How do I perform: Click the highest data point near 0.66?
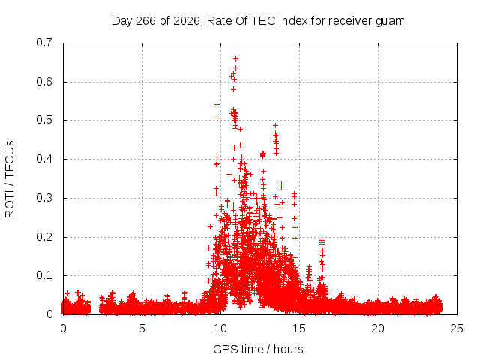point(235,58)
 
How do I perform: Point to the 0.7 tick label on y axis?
point(44,43)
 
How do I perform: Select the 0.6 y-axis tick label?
point(44,82)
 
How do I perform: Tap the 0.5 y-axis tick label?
point(44,120)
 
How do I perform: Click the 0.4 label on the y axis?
point(44,159)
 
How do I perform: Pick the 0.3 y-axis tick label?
point(44,198)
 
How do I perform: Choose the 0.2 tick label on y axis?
point(44,237)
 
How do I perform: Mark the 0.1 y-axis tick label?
point(44,275)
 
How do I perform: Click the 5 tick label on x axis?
point(142,328)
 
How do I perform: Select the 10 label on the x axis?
point(220,328)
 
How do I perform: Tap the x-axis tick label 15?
point(299,328)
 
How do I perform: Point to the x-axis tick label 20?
point(378,328)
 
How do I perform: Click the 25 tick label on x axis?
point(457,328)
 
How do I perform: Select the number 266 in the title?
point(145,21)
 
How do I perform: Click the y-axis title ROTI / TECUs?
point(10,179)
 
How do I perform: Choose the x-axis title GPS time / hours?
point(258,349)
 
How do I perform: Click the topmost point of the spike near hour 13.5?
point(275,125)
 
